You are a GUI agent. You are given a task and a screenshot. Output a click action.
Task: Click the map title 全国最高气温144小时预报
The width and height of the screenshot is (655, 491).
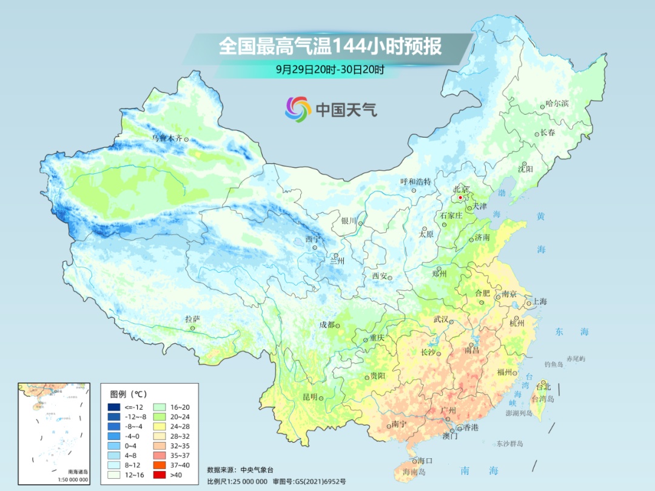330,47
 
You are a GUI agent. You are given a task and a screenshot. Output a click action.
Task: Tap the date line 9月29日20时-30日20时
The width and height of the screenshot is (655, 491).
330,70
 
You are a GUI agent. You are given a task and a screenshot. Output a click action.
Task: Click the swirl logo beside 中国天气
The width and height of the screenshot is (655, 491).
298,109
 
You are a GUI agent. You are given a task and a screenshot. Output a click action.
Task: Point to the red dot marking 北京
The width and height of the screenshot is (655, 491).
460,198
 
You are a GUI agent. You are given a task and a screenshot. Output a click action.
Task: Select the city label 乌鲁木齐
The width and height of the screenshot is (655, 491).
166,138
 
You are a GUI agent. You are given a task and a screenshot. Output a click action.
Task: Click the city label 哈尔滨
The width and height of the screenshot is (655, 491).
557,104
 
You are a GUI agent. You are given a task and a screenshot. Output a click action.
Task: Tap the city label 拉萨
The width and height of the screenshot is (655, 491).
192,319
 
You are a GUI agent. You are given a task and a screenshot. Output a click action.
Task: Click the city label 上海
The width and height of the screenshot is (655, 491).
539,302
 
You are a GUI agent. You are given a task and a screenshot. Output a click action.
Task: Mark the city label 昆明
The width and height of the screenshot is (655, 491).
309,397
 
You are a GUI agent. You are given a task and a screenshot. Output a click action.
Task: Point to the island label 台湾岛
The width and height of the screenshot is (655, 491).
543,398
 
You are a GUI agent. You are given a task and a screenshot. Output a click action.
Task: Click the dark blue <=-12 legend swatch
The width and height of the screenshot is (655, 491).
114,407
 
